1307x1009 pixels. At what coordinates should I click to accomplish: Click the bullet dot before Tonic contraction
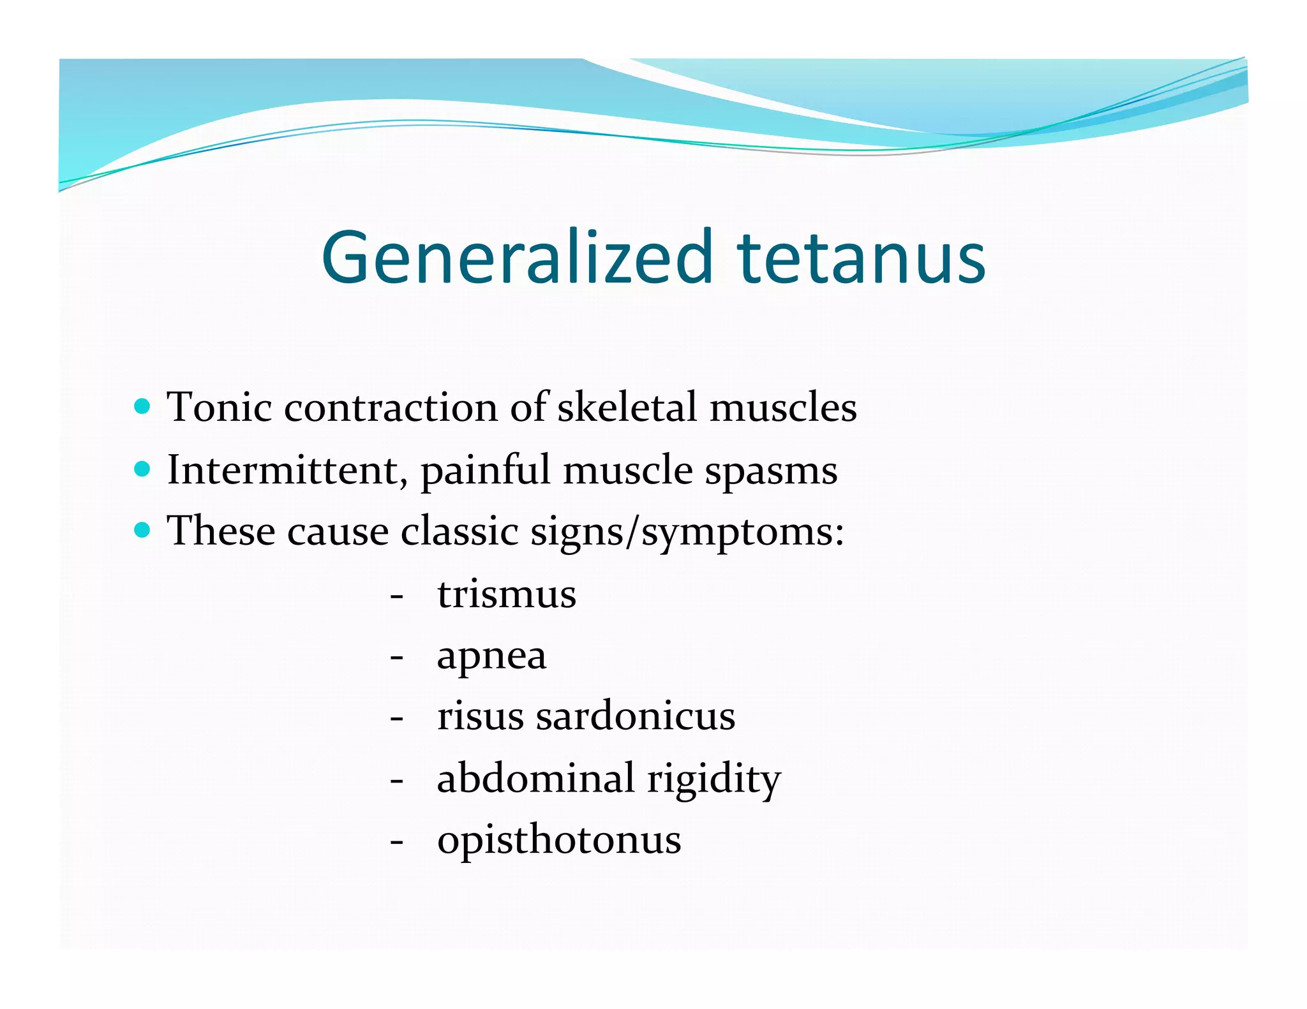point(143,406)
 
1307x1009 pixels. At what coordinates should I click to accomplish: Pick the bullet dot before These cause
point(143,529)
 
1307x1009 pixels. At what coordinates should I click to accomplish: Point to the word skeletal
point(627,407)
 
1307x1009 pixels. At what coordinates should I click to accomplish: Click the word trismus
point(507,594)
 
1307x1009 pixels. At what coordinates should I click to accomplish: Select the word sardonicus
point(635,716)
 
